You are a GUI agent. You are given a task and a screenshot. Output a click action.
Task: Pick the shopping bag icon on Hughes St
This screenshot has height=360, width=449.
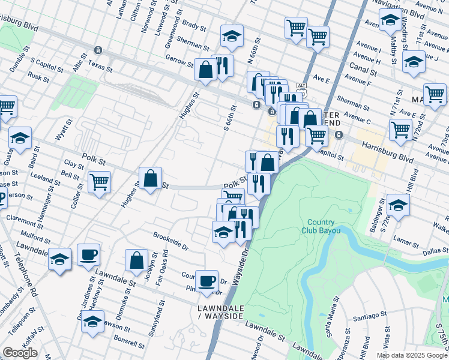(x=150, y=178)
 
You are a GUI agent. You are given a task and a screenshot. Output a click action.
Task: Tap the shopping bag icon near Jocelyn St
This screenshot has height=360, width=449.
(x=136, y=260)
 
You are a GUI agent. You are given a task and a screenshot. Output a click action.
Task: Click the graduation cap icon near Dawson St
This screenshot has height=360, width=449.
(x=92, y=322)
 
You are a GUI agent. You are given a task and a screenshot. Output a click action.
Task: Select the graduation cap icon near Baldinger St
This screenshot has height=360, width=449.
(x=397, y=205)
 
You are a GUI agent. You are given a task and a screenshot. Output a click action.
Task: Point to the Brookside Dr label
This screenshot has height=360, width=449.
(x=171, y=241)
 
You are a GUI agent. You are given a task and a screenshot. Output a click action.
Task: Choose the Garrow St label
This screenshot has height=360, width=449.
(x=179, y=60)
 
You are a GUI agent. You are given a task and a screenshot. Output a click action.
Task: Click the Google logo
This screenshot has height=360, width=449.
(x=20, y=353)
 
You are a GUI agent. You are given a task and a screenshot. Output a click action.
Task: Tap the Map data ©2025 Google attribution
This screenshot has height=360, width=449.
(x=411, y=355)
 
